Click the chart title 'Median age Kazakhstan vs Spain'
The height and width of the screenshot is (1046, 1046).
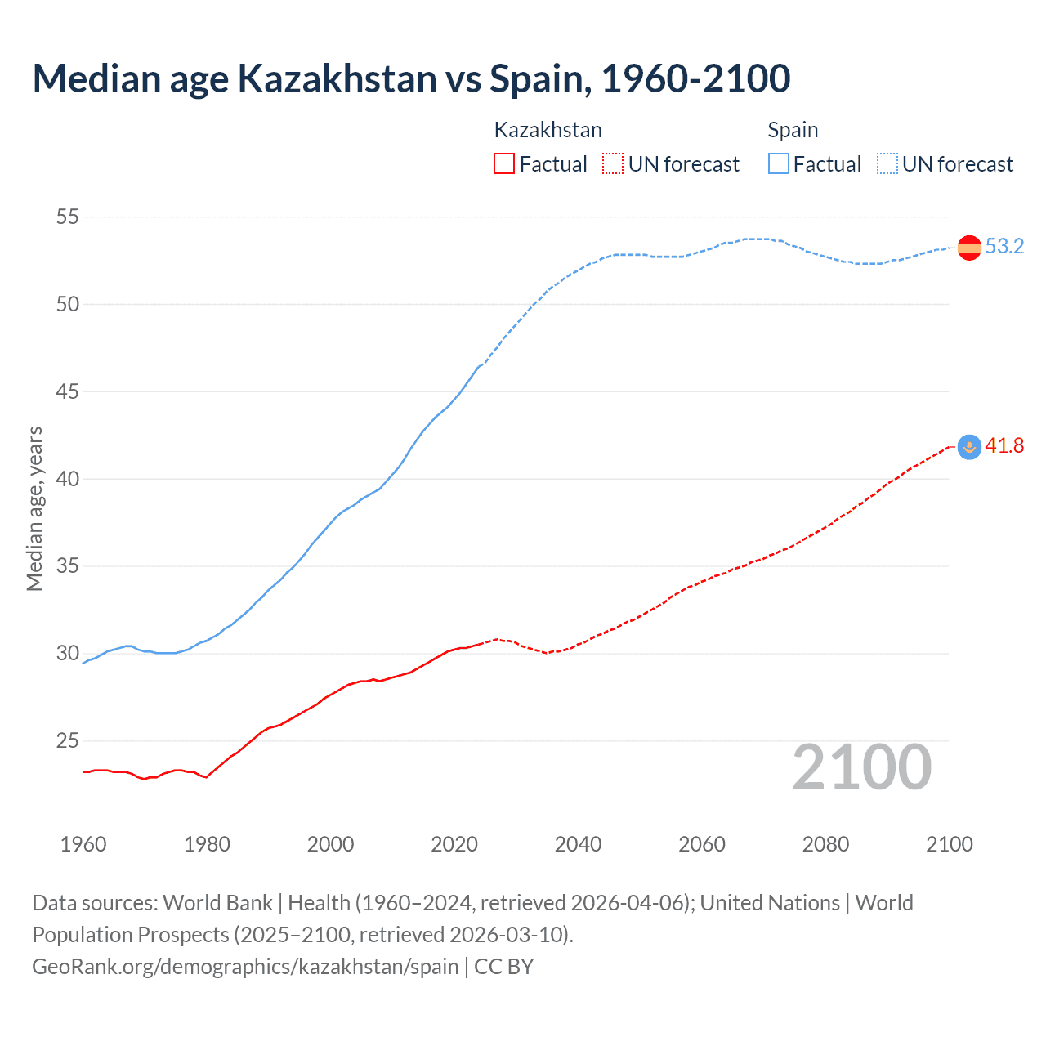411,78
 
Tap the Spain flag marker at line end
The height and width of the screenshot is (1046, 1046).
969,247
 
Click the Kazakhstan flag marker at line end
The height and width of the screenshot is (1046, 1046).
969,446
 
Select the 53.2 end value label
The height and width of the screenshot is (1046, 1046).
1004,247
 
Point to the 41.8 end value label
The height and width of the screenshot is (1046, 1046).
1004,446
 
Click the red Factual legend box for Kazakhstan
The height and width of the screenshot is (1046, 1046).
504,164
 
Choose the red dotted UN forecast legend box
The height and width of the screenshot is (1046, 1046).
613,164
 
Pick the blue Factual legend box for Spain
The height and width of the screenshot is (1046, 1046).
778,164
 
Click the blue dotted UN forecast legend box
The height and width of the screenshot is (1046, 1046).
887,164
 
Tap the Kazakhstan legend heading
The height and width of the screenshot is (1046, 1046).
548,130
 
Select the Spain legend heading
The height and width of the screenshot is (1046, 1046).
793,130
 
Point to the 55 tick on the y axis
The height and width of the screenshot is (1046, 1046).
68,217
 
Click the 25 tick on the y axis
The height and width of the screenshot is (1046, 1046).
68,741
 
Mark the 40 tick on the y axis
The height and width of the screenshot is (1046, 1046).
68,479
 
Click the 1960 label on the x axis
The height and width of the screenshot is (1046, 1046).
83,844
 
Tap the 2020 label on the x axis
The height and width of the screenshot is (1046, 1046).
454,844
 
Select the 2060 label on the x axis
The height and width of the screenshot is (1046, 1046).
702,844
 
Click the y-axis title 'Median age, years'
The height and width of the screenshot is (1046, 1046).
34,508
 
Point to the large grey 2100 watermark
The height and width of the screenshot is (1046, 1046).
862,767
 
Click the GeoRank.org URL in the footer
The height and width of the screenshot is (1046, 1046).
245,967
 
